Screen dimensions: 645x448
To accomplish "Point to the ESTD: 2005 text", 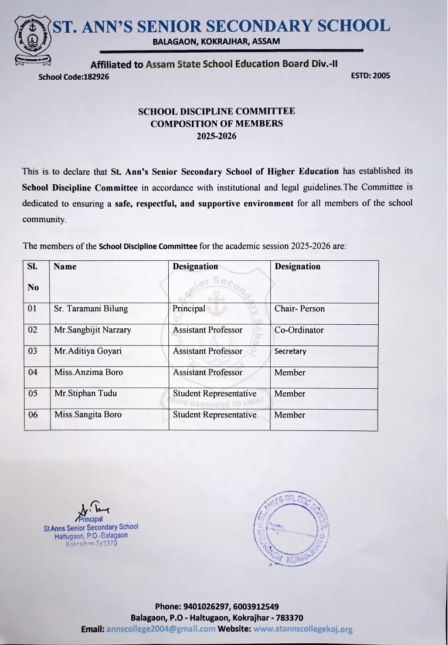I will click(x=370, y=76).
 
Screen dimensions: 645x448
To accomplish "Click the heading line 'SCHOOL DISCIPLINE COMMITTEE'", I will click(x=216, y=111).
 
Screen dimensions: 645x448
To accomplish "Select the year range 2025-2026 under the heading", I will click(x=216, y=136).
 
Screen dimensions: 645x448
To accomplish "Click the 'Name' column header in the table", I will click(x=65, y=267).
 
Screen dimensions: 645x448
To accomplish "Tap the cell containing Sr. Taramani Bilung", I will click(x=91, y=309).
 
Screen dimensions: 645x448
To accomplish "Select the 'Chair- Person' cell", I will click(x=300, y=309).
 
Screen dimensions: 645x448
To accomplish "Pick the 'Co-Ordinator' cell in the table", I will click(x=299, y=330).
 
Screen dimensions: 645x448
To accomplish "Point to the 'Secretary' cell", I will click(x=290, y=351).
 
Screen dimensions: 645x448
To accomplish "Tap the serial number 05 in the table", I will click(x=33, y=393).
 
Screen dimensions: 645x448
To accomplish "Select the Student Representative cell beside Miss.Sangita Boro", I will click(x=215, y=415).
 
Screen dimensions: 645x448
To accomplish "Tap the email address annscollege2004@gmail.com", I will click(x=161, y=629).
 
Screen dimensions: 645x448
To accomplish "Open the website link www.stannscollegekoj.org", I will click(x=303, y=629).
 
